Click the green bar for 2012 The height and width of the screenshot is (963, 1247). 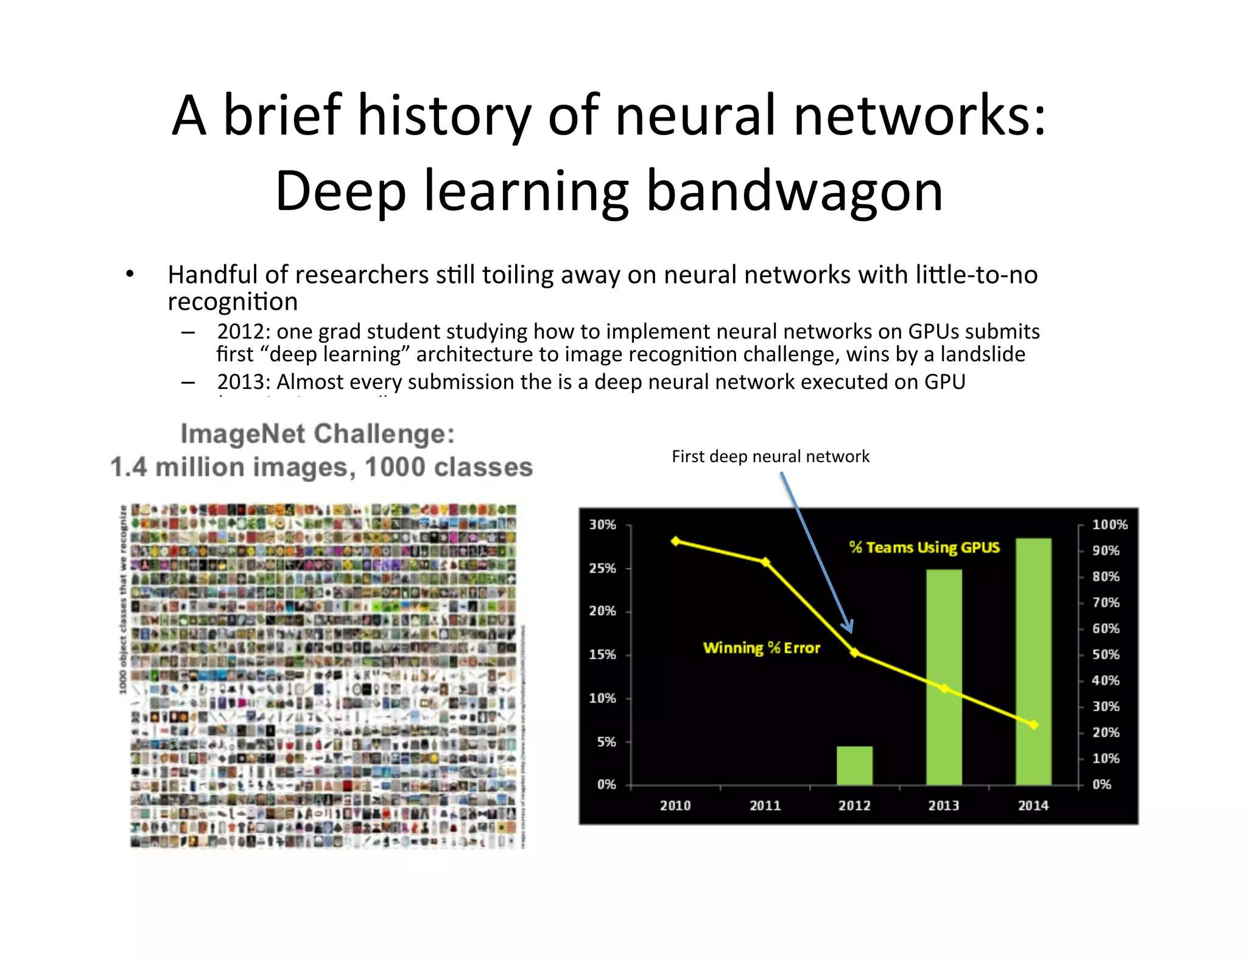pos(854,765)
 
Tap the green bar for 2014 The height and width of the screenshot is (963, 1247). pos(1033,661)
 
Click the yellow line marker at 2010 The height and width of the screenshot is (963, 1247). pos(676,541)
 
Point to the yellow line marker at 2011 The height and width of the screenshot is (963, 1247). pos(765,562)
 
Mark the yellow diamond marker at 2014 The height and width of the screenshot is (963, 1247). pos(1033,724)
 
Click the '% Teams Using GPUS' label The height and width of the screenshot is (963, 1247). pos(924,547)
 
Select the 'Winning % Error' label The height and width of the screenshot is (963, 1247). pos(761,648)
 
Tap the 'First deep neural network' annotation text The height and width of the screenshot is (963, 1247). pos(770,457)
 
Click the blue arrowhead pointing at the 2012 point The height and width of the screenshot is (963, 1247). pos(848,627)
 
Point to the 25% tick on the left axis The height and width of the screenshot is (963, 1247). pos(602,568)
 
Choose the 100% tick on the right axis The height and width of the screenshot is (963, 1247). pos(1109,525)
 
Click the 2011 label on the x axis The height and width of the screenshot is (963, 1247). pos(765,805)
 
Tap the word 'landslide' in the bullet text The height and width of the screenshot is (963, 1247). pos(983,354)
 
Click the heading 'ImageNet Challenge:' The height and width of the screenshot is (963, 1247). pos(318,434)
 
